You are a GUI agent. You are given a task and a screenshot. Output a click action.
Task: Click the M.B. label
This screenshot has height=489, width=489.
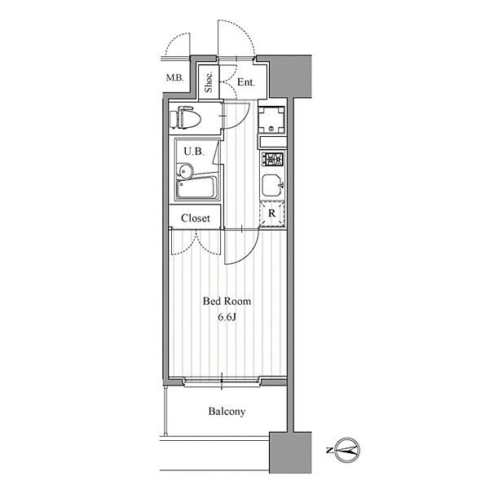[x=174, y=77]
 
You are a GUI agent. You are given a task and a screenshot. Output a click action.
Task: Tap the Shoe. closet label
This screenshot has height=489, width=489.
[x=209, y=81]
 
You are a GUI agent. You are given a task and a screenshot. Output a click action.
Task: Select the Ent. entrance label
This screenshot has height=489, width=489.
[x=246, y=82]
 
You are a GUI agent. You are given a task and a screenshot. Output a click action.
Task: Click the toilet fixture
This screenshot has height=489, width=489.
[x=185, y=117]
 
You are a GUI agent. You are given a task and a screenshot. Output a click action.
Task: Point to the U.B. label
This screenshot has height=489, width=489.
[x=194, y=152]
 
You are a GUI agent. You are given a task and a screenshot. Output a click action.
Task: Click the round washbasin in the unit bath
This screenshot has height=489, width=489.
[x=185, y=171]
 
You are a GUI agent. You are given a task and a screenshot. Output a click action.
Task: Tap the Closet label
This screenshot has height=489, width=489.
[x=196, y=218]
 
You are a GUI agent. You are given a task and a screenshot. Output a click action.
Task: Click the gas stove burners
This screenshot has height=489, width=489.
[x=272, y=159]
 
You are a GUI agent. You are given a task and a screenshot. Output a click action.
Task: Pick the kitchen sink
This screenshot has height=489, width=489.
[x=272, y=185]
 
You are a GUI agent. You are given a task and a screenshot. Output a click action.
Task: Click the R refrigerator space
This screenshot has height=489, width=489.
[x=272, y=214]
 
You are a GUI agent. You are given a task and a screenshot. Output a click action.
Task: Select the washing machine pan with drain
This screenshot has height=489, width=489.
[x=271, y=120]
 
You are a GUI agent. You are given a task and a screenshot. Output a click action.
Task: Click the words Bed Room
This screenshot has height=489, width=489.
[x=227, y=302]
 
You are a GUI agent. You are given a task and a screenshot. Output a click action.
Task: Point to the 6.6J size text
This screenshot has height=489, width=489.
[x=227, y=317]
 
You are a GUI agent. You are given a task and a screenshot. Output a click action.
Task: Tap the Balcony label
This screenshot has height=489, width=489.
[x=227, y=412]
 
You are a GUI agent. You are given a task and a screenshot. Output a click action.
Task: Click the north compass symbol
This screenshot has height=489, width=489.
[x=348, y=451]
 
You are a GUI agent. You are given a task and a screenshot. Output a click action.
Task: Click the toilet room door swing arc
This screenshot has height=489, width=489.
[x=243, y=121]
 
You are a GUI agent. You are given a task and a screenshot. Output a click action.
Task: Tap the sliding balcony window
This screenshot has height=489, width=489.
[x=222, y=381]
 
